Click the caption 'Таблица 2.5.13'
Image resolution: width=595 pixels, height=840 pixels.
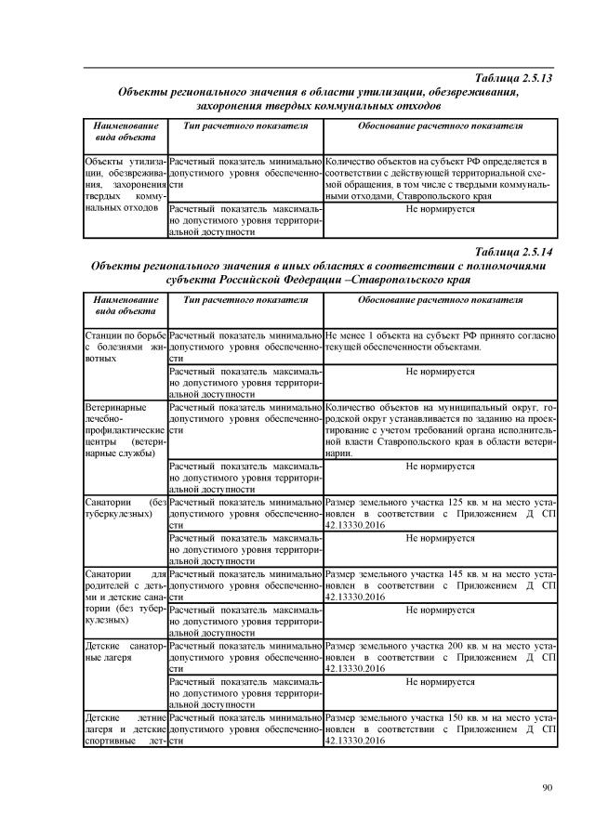pos(513,78)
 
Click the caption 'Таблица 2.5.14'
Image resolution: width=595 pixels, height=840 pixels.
pos(513,252)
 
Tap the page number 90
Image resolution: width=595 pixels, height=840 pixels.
pos(548,789)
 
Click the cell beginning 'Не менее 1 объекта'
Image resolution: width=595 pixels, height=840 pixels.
pos(440,340)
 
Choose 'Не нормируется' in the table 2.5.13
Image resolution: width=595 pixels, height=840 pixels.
pos(440,210)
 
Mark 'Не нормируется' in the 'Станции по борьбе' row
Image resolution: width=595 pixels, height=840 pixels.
pos(440,371)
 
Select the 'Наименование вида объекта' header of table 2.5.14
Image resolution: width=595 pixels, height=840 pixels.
pos(125,307)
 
